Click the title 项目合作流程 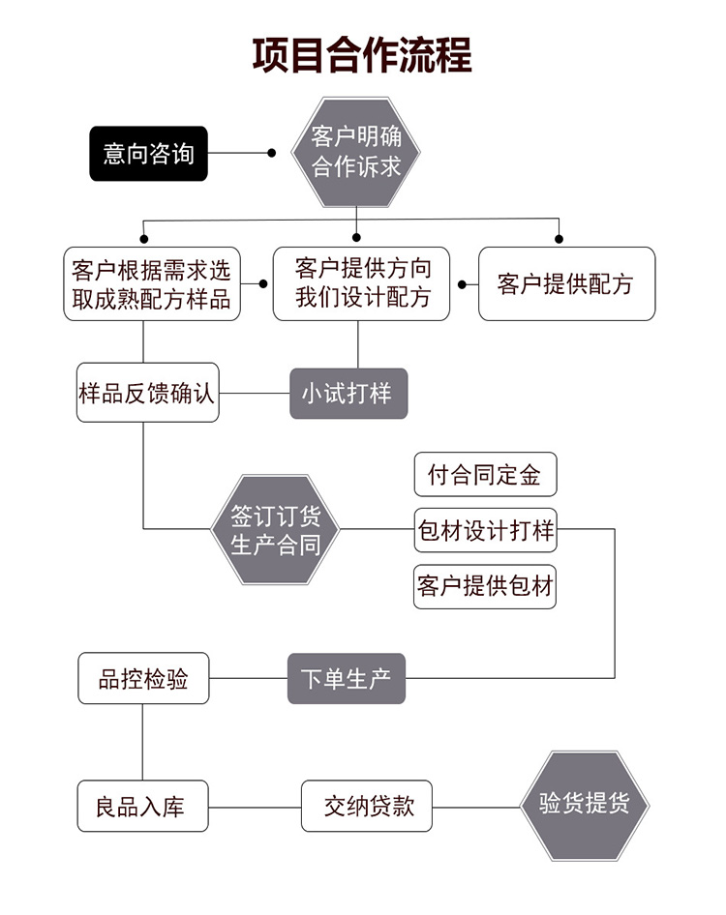click(362, 55)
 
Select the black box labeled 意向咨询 click(148, 153)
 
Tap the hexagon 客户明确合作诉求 click(356, 151)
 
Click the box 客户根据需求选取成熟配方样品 click(152, 283)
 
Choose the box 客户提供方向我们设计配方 click(362, 282)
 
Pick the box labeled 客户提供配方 click(566, 283)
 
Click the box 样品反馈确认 click(148, 393)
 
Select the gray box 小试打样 click(348, 394)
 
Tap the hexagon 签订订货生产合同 click(276, 529)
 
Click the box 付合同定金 click(485, 475)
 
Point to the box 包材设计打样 click(485, 529)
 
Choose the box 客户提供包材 click(485, 585)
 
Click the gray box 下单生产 click(346, 678)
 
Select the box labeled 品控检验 click(143, 679)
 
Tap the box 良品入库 click(143, 806)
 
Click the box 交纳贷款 click(366, 806)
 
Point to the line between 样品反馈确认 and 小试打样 click(255, 394)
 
